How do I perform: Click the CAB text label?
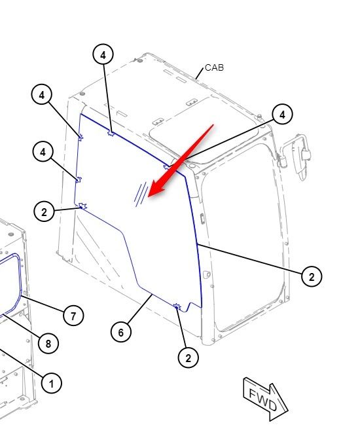pyautogui.click(x=215, y=67)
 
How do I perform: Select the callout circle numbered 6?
pyautogui.click(x=121, y=332)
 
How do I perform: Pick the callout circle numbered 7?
pyautogui.click(x=73, y=316)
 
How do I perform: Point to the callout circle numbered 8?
pyautogui.click(x=48, y=343)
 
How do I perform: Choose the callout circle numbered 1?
pyautogui.click(x=51, y=383)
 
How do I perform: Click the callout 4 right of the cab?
pyautogui.click(x=282, y=114)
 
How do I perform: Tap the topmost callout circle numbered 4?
pyautogui.click(x=103, y=54)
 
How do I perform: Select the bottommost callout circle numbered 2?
pyautogui.click(x=189, y=357)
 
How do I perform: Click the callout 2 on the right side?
pyautogui.click(x=312, y=276)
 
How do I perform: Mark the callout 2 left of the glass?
pyautogui.click(x=44, y=211)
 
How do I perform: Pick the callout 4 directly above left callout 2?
pyautogui.click(x=43, y=152)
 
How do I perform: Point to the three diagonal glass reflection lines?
pyautogui.click(x=141, y=194)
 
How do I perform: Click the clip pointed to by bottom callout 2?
pyautogui.click(x=177, y=306)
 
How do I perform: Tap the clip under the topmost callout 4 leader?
pyautogui.click(x=111, y=133)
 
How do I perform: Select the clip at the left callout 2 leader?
pyautogui.click(x=82, y=206)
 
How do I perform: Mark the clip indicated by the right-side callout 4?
pyautogui.click(x=167, y=167)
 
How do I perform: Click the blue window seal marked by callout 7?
pyautogui.click(x=20, y=281)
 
